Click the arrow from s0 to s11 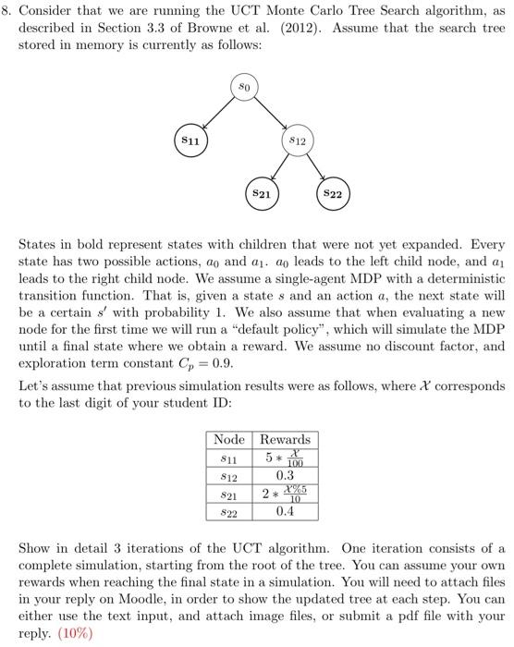point(215,115)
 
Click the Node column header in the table point(230,439)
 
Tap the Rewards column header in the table point(285,439)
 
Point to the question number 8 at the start point(11,11)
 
